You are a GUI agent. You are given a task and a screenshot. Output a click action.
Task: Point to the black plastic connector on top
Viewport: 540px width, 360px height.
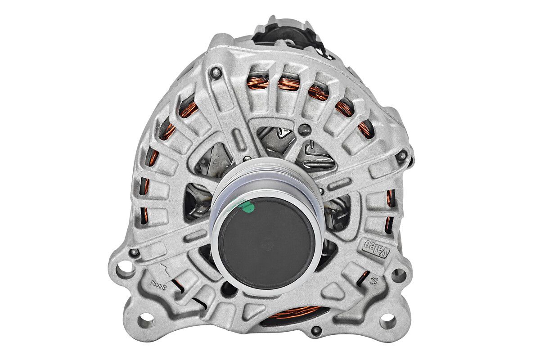coord(288,34)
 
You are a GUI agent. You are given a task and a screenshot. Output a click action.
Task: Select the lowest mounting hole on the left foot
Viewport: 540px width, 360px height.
coord(145,321)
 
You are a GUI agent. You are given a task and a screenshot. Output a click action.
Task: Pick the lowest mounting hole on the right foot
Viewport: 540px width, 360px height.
coord(387,321)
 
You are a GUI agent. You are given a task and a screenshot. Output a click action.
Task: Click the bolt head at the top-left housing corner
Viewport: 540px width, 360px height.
coord(216,73)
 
